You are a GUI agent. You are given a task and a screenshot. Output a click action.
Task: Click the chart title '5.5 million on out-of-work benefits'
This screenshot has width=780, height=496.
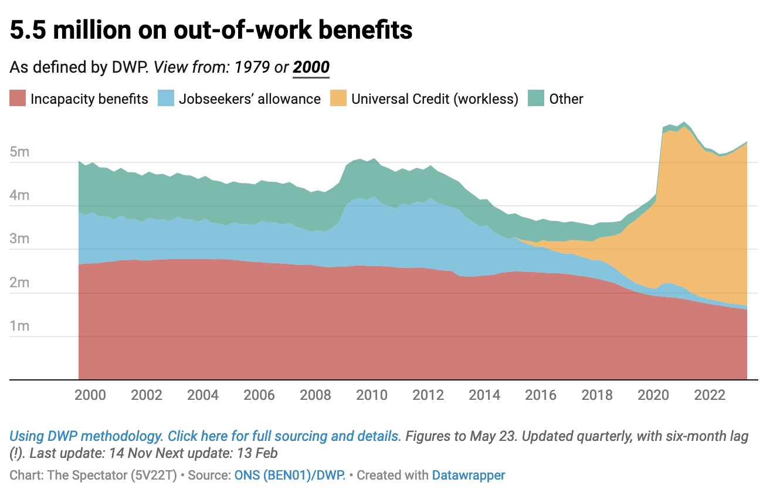pyautogui.click(x=211, y=30)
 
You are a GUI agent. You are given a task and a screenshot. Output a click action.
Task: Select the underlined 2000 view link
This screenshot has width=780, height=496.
pyautogui.click(x=311, y=67)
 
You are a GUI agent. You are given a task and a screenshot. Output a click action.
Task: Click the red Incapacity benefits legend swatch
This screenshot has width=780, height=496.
pyautogui.click(x=18, y=98)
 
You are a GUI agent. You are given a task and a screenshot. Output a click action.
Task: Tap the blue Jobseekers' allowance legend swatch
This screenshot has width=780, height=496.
pyautogui.click(x=166, y=98)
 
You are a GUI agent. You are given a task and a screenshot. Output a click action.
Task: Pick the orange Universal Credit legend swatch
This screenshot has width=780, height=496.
pyautogui.click(x=338, y=98)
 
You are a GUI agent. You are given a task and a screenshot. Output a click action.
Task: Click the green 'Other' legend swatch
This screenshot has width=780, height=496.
pyautogui.click(x=536, y=98)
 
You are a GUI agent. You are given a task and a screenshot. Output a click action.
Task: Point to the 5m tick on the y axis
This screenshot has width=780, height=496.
pyautogui.click(x=20, y=152)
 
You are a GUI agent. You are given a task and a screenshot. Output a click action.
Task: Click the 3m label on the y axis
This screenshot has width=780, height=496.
pyautogui.click(x=20, y=239)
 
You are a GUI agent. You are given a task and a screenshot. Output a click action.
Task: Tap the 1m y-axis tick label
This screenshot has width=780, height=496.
pyautogui.click(x=20, y=326)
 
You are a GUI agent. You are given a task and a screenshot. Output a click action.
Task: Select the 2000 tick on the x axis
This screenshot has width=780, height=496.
pyautogui.click(x=90, y=395)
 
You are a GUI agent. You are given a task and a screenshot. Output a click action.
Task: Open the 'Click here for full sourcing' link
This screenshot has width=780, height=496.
pyautogui.click(x=284, y=436)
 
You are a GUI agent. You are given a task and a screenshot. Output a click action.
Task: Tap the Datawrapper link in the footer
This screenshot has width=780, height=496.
pyautogui.click(x=468, y=475)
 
